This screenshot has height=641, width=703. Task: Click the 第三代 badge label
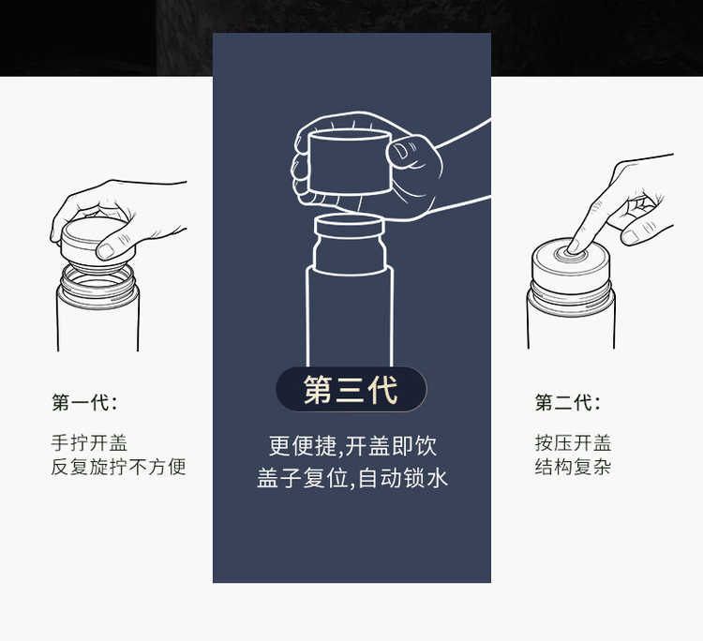tap(351, 390)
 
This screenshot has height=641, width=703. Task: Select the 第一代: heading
tap(84, 402)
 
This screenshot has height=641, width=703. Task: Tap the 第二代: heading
tap(568, 402)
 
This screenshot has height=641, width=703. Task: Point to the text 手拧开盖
tap(89, 443)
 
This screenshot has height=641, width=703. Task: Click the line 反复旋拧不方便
tap(118, 467)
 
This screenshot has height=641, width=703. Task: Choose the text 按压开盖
tap(573, 443)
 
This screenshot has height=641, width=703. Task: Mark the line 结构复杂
tap(573, 467)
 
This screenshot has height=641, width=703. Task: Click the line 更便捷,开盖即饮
tap(352, 446)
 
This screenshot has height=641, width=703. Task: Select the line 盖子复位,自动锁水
tap(352, 478)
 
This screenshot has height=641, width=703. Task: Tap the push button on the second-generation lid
tap(571, 254)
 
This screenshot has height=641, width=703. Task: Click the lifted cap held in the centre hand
tap(350, 162)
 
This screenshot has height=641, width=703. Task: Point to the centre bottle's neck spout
tap(350, 244)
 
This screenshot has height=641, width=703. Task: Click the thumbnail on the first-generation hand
tap(106, 251)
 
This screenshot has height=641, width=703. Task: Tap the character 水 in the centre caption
tap(437, 478)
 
